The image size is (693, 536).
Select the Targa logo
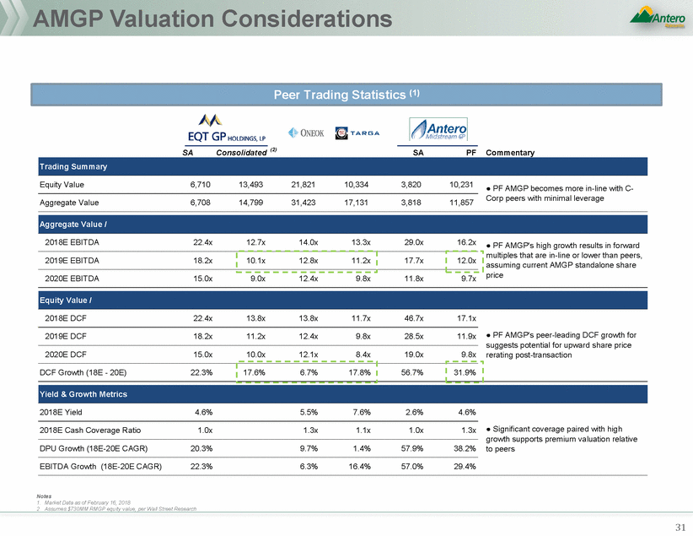358,133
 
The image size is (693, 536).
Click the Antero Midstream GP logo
437,129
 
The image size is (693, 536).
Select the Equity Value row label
62,184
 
